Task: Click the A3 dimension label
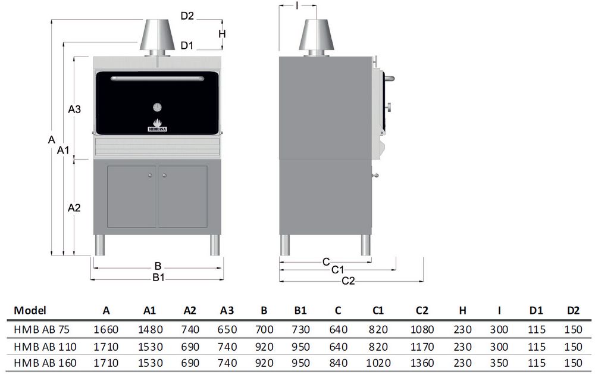(74, 109)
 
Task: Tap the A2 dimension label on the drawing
(74, 208)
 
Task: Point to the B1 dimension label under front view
(158, 277)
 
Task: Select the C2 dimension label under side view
(348, 280)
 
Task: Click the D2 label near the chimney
(187, 16)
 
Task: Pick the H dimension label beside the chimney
(221, 33)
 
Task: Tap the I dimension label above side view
(297, 5)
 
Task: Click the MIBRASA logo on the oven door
(158, 127)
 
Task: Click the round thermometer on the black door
(158, 107)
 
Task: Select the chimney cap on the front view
(157, 36)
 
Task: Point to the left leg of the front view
(101, 244)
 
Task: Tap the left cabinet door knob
(150, 175)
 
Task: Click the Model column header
(30, 310)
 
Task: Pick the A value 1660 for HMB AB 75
(106, 329)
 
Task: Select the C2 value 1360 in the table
(422, 363)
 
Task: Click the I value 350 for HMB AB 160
(499, 363)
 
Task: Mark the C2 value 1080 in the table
(422, 329)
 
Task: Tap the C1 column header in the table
(378, 310)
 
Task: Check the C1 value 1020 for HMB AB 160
(378, 363)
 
